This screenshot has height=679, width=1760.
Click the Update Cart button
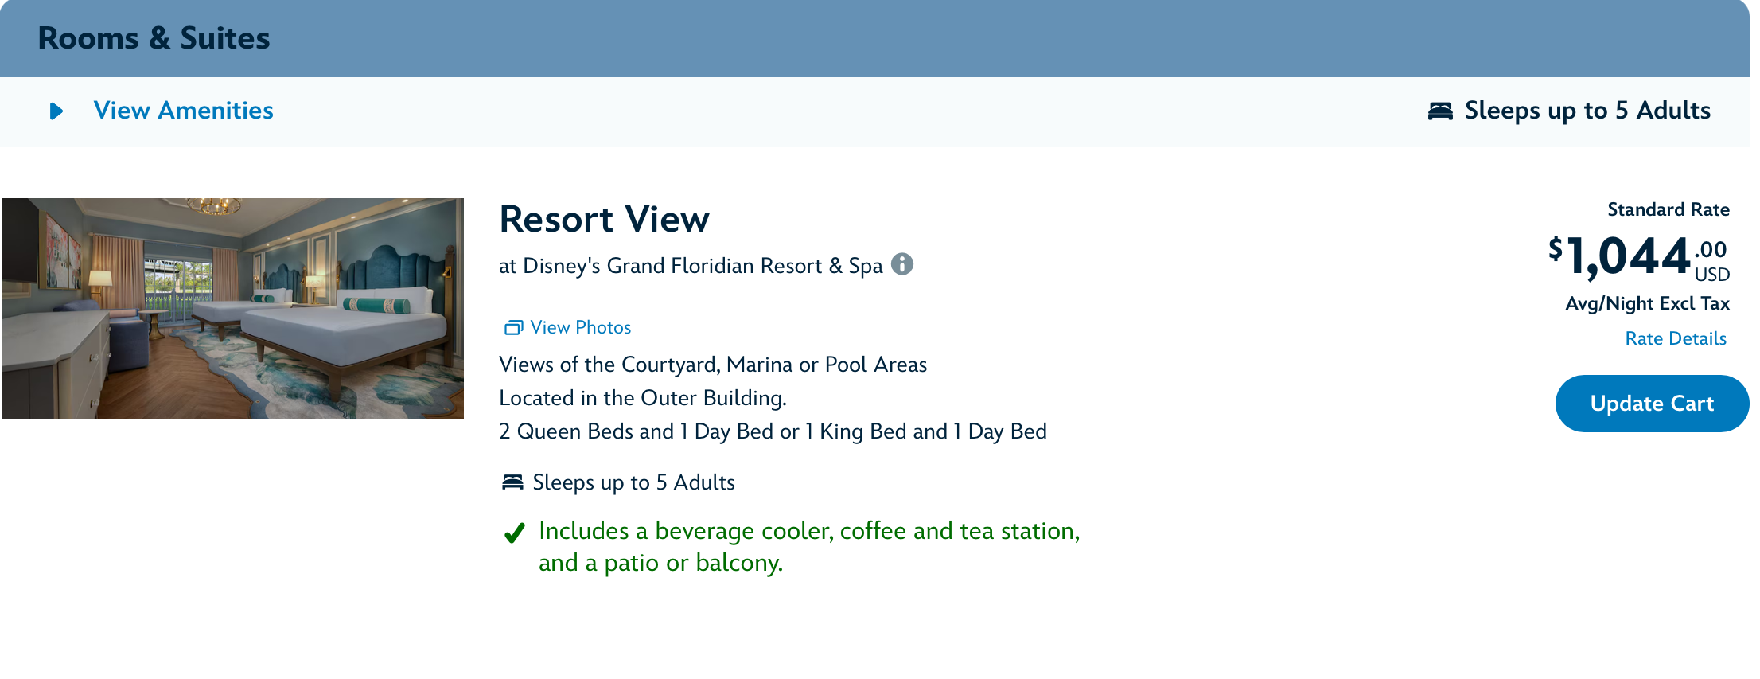(x=1652, y=404)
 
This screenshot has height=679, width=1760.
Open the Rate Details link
(x=1676, y=338)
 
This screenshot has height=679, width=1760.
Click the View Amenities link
(x=183, y=111)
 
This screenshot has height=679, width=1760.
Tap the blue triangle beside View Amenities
(x=56, y=111)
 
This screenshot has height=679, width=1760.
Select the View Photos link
(x=580, y=327)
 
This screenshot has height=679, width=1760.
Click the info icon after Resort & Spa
(x=901, y=263)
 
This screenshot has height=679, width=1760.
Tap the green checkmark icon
(x=515, y=532)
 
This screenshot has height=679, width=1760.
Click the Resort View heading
(x=604, y=219)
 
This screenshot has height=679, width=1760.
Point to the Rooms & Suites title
(x=154, y=38)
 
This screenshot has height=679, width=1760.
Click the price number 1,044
(x=1628, y=256)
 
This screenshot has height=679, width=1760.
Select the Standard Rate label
(x=1668, y=209)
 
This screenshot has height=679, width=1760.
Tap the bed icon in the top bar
(x=1440, y=111)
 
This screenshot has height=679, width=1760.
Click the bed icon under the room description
(x=512, y=482)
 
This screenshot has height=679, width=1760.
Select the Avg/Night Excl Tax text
(x=1647, y=303)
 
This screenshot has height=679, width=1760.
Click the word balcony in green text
(x=739, y=563)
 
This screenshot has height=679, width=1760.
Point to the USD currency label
(x=1712, y=275)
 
